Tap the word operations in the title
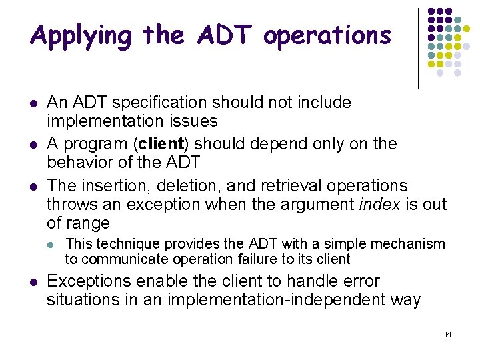click(327, 36)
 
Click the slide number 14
click(447, 334)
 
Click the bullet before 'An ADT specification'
click(33, 103)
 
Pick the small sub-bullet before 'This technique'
click(53, 245)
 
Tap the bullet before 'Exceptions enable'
click(33, 282)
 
